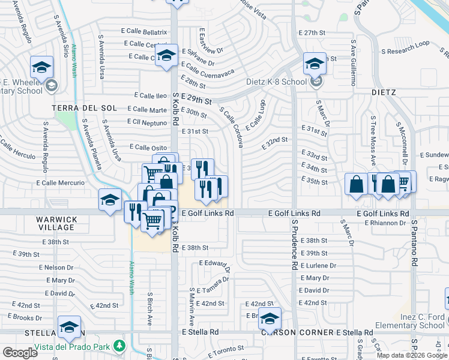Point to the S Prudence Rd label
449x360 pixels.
pyautogui.click(x=295, y=243)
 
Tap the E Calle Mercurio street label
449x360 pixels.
pyautogui.click(x=61, y=182)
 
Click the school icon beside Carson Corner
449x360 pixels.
pyautogui.click(x=270, y=318)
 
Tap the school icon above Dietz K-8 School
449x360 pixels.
pyautogui.click(x=314, y=64)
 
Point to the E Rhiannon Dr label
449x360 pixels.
pyautogui.click(x=385, y=223)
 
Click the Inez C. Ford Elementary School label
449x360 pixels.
pyautogui.click(x=409, y=321)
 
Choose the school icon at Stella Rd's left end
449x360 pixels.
pyautogui.click(x=70, y=328)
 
